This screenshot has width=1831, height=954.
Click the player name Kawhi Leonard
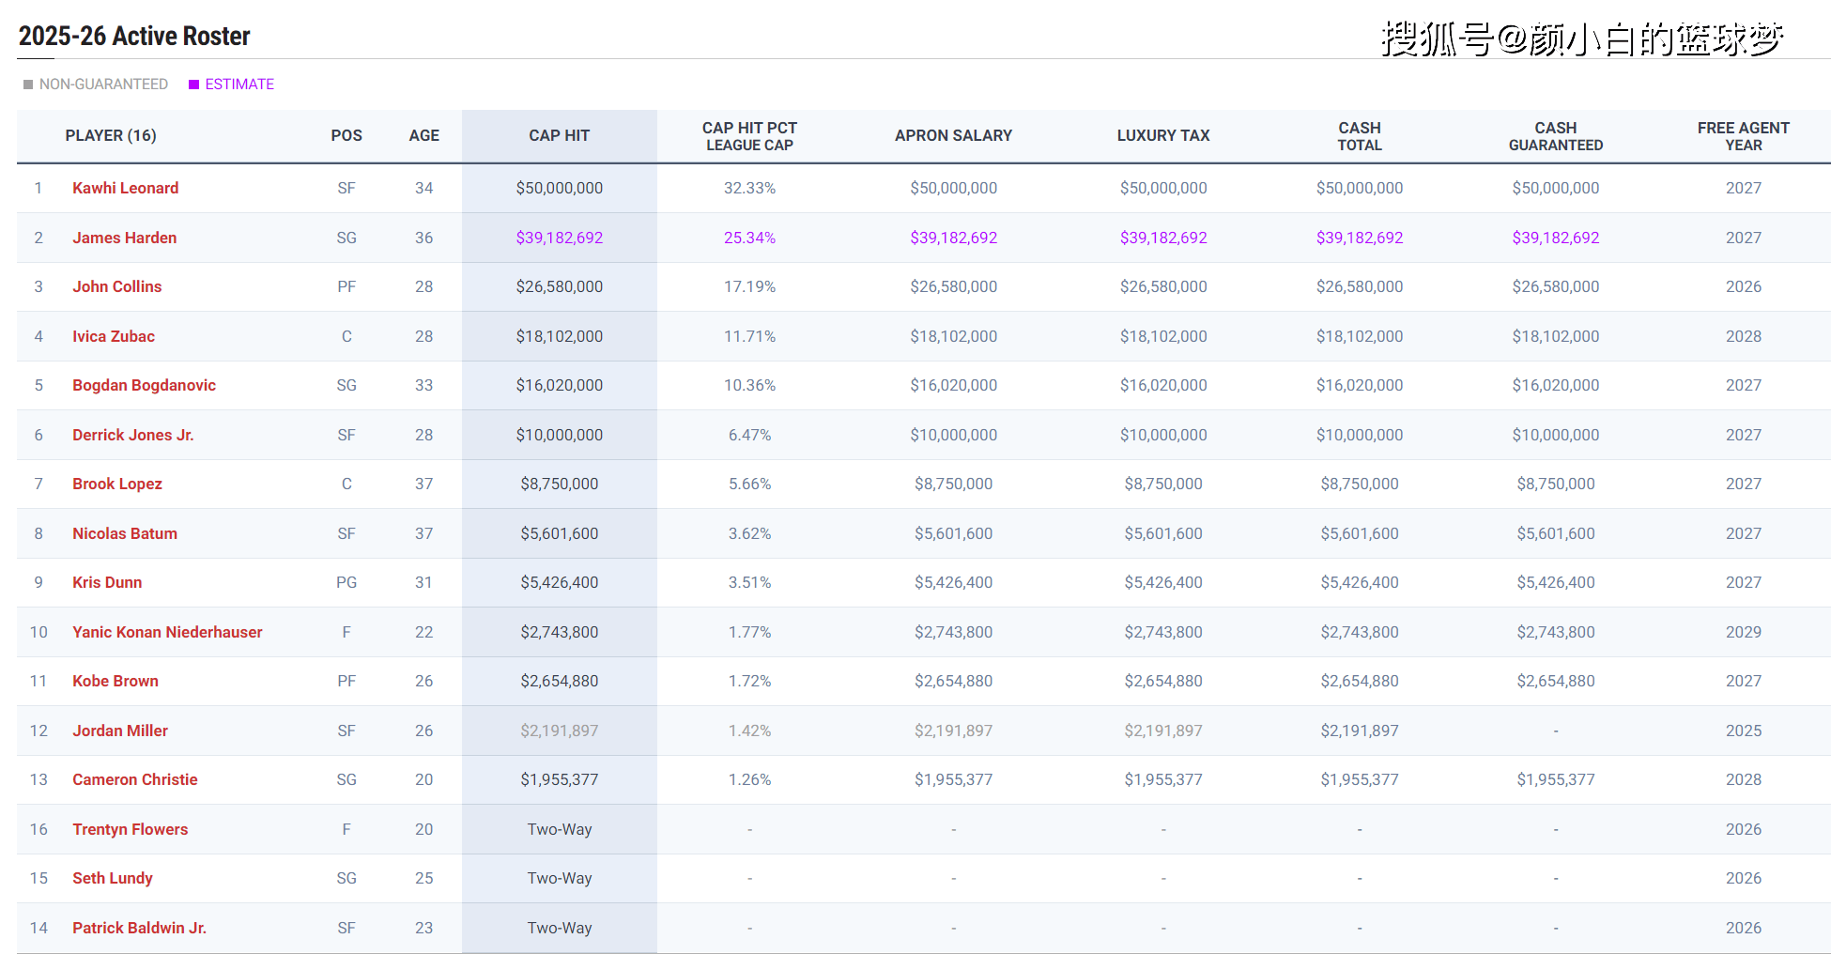pyautogui.click(x=125, y=188)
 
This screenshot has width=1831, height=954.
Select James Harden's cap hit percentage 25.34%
pyautogui.click(x=749, y=238)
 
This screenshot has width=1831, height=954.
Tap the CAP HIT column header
pyautogui.click(x=559, y=135)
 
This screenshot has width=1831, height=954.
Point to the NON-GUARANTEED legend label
pyautogui.click(x=103, y=85)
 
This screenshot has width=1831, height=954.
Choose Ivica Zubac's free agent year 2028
pyautogui.click(x=1743, y=336)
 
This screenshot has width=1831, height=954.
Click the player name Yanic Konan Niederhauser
pyautogui.click(x=167, y=632)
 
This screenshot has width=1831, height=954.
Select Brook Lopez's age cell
pyautogui.click(x=423, y=484)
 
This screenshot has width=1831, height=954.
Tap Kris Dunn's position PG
pyautogui.click(x=346, y=582)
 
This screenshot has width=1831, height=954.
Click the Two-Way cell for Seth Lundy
pyautogui.click(x=559, y=878)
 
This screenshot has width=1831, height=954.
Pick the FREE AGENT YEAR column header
pyautogui.click(x=1743, y=136)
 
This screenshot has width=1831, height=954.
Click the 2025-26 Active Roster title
pyautogui.click(x=134, y=37)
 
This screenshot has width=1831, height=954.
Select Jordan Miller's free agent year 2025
pyautogui.click(x=1743, y=731)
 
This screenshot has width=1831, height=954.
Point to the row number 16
pyautogui.click(x=38, y=829)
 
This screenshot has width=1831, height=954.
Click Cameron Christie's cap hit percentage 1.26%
pyautogui.click(x=749, y=779)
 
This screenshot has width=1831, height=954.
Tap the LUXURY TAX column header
pyautogui.click(x=1162, y=135)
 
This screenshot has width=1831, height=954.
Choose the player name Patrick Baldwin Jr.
pyautogui.click(x=139, y=928)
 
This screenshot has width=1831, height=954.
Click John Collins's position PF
pyautogui.click(x=346, y=286)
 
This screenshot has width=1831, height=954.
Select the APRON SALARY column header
pyautogui.click(x=953, y=135)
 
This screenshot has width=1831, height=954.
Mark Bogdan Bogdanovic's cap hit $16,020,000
pyautogui.click(x=559, y=385)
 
